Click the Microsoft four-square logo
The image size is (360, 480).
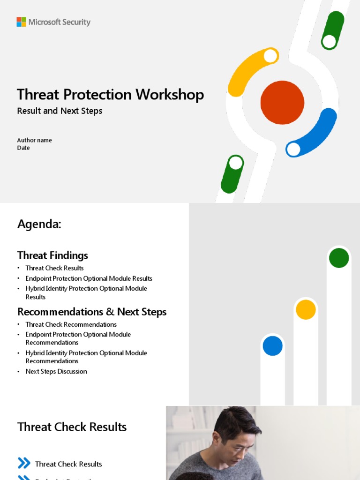coord(21,22)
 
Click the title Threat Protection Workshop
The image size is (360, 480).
coord(110,95)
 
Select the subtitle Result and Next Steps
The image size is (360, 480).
coord(60,111)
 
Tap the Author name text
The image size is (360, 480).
coord(34,140)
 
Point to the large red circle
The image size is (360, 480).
coord(282,103)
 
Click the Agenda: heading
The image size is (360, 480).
coord(39,225)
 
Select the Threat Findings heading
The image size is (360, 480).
coord(52,255)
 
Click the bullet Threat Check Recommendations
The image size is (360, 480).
coord(71,324)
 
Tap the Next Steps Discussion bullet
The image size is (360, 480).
coord(56,371)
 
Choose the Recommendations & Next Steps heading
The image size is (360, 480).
coord(92,312)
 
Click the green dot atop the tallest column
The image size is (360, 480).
coord(339,258)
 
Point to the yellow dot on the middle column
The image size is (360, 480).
coord(306,309)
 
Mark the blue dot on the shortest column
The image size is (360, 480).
coord(272,346)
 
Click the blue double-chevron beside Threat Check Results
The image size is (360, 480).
coord(24,464)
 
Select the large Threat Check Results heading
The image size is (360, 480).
coord(72,427)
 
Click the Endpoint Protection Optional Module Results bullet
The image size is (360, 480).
coord(89,278)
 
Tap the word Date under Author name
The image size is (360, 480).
coord(23,148)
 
